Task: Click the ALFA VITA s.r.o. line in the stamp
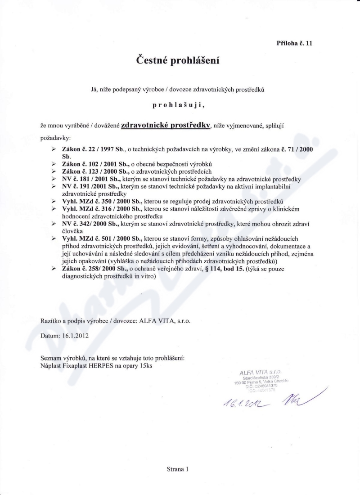261,372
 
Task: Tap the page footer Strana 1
177,468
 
